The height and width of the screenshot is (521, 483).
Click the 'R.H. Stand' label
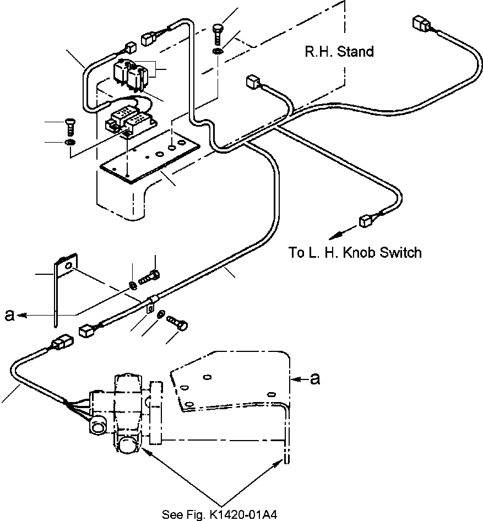(339, 52)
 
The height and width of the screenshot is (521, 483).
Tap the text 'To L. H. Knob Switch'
(355, 253)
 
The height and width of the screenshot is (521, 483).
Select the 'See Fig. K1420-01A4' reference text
(219, 515)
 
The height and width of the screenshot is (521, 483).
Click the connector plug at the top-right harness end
(421, 24)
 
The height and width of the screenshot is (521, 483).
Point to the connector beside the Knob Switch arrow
(365, 221)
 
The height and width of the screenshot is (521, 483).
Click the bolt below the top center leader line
(216, 34)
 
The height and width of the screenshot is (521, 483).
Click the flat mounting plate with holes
(150, 155)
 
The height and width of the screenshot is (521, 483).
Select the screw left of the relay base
(70, 127)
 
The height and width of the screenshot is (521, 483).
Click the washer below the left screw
(70, 143)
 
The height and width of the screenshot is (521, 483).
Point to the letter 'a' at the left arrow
(9, 314)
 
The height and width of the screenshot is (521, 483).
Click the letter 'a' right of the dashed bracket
(315, 378)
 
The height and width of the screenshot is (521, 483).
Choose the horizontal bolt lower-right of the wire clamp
(177, 322)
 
